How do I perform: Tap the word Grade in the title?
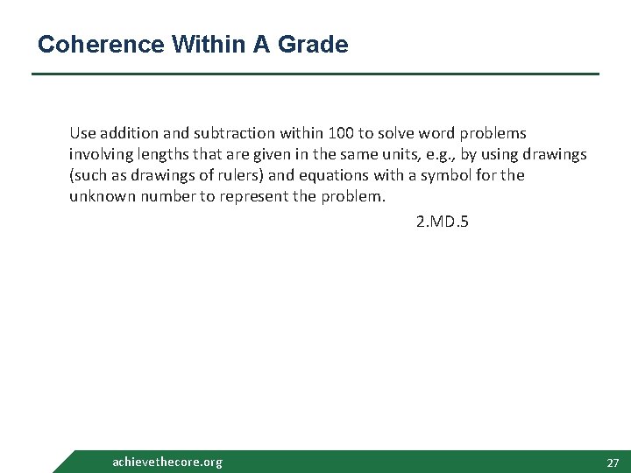(x=315, y=44)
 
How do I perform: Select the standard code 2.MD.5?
(x=443, y=222)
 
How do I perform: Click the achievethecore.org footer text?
(x=167, y=462)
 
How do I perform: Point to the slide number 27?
(x=613, y=462)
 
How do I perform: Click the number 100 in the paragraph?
(x=340, y=133)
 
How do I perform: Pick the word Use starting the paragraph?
(x=82, y=133)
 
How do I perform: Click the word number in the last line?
(x=161, y=196)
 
